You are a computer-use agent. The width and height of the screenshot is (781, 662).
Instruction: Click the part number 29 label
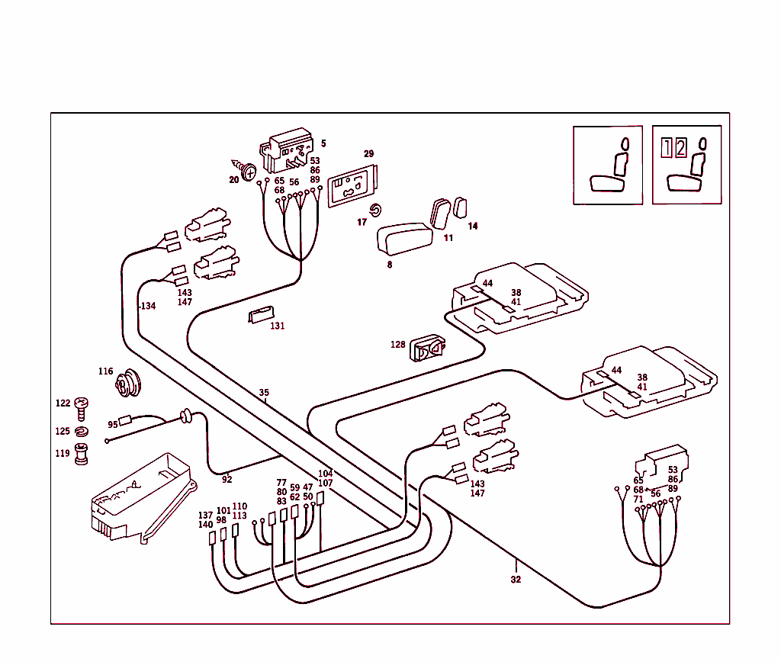point(368,154)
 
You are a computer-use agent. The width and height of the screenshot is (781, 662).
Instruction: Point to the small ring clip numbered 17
point(375,210)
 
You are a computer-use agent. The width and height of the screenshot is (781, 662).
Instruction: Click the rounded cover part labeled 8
point(405,236)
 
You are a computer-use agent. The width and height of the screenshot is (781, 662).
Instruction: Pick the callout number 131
point(277,326)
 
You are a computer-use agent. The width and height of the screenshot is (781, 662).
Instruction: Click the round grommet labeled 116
point(127,384)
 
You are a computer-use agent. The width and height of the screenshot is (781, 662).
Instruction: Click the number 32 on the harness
point(516,580)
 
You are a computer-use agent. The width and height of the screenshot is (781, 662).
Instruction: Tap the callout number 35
point(264,394)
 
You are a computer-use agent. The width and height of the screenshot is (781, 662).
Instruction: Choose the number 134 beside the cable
point(147,306)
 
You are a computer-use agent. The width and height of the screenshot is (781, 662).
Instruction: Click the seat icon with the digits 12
point(686,165)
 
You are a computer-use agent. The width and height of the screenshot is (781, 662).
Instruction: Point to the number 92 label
point(227,480)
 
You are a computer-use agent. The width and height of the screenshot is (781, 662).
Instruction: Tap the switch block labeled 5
point(288,149)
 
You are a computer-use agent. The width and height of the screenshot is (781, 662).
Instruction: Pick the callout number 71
point(638,500)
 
